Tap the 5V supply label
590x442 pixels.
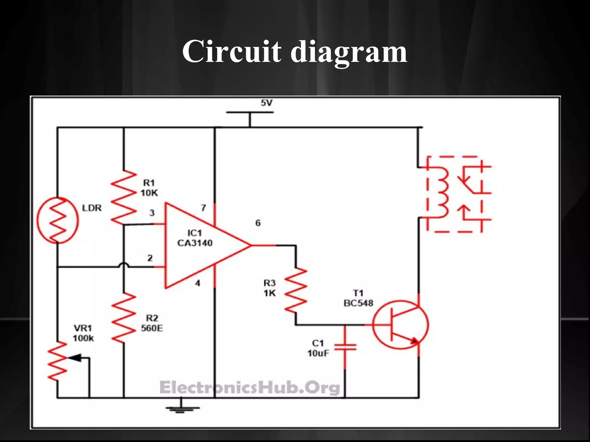pos(266,103)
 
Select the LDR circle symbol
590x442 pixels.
pos(57,220)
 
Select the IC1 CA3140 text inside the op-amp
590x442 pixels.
pos(194,238)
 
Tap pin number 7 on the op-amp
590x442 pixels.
pos(203,207)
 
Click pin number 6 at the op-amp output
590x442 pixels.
pos(258,223)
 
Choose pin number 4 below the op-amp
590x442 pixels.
pos(198,283)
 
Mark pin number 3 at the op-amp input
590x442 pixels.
pos(152,213)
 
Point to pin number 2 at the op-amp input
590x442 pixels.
pos(150,258)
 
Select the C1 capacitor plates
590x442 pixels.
pos(345,347)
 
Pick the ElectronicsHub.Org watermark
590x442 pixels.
pos(250,388)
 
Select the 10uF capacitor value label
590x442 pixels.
pos(318,353)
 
